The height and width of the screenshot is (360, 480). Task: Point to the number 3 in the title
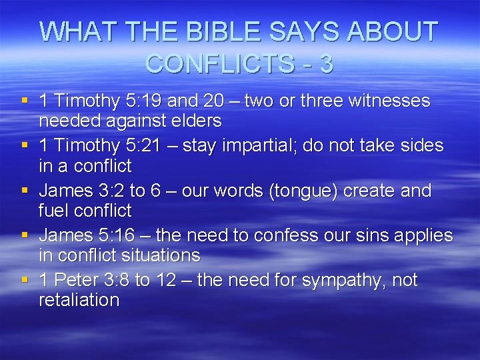(326, 64)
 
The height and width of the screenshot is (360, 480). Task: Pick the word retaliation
(79, 300)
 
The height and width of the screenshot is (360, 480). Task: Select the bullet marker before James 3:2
(25, 191)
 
